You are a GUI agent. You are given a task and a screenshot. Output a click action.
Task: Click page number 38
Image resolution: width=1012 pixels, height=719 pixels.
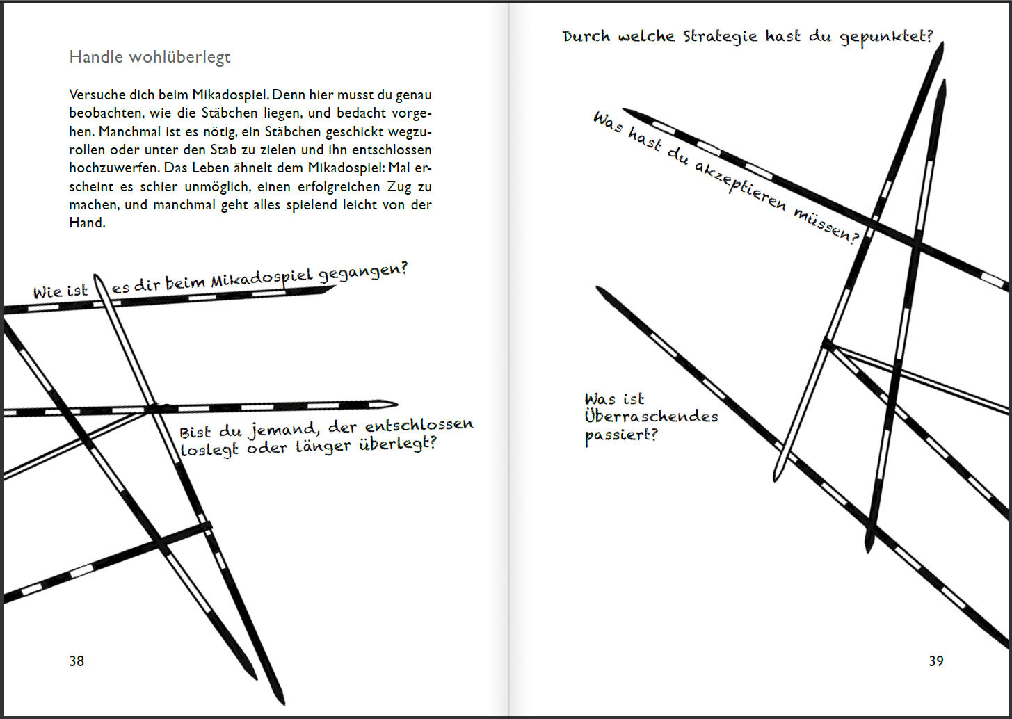tap(77, 661)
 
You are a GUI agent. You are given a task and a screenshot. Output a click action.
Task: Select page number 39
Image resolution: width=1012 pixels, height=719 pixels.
tap(936, 661)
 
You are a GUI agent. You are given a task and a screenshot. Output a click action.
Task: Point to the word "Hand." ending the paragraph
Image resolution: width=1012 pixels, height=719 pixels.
tap(87, 223)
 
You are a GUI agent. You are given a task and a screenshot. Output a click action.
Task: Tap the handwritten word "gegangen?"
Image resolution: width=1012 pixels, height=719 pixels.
tap(362, 273)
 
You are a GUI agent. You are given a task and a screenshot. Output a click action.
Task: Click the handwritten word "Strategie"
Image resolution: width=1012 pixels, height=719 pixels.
tap(720, 37)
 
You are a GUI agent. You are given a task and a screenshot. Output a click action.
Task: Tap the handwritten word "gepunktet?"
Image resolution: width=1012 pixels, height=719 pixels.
tap(886, 37)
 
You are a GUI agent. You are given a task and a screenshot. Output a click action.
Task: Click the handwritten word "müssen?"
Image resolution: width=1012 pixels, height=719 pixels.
tap(826, 224)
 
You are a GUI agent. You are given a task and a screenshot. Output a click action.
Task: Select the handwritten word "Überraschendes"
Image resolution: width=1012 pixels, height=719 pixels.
tap(651, 417)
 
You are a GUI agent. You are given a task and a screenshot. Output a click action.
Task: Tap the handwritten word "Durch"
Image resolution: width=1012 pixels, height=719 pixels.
tap(586, 37)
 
